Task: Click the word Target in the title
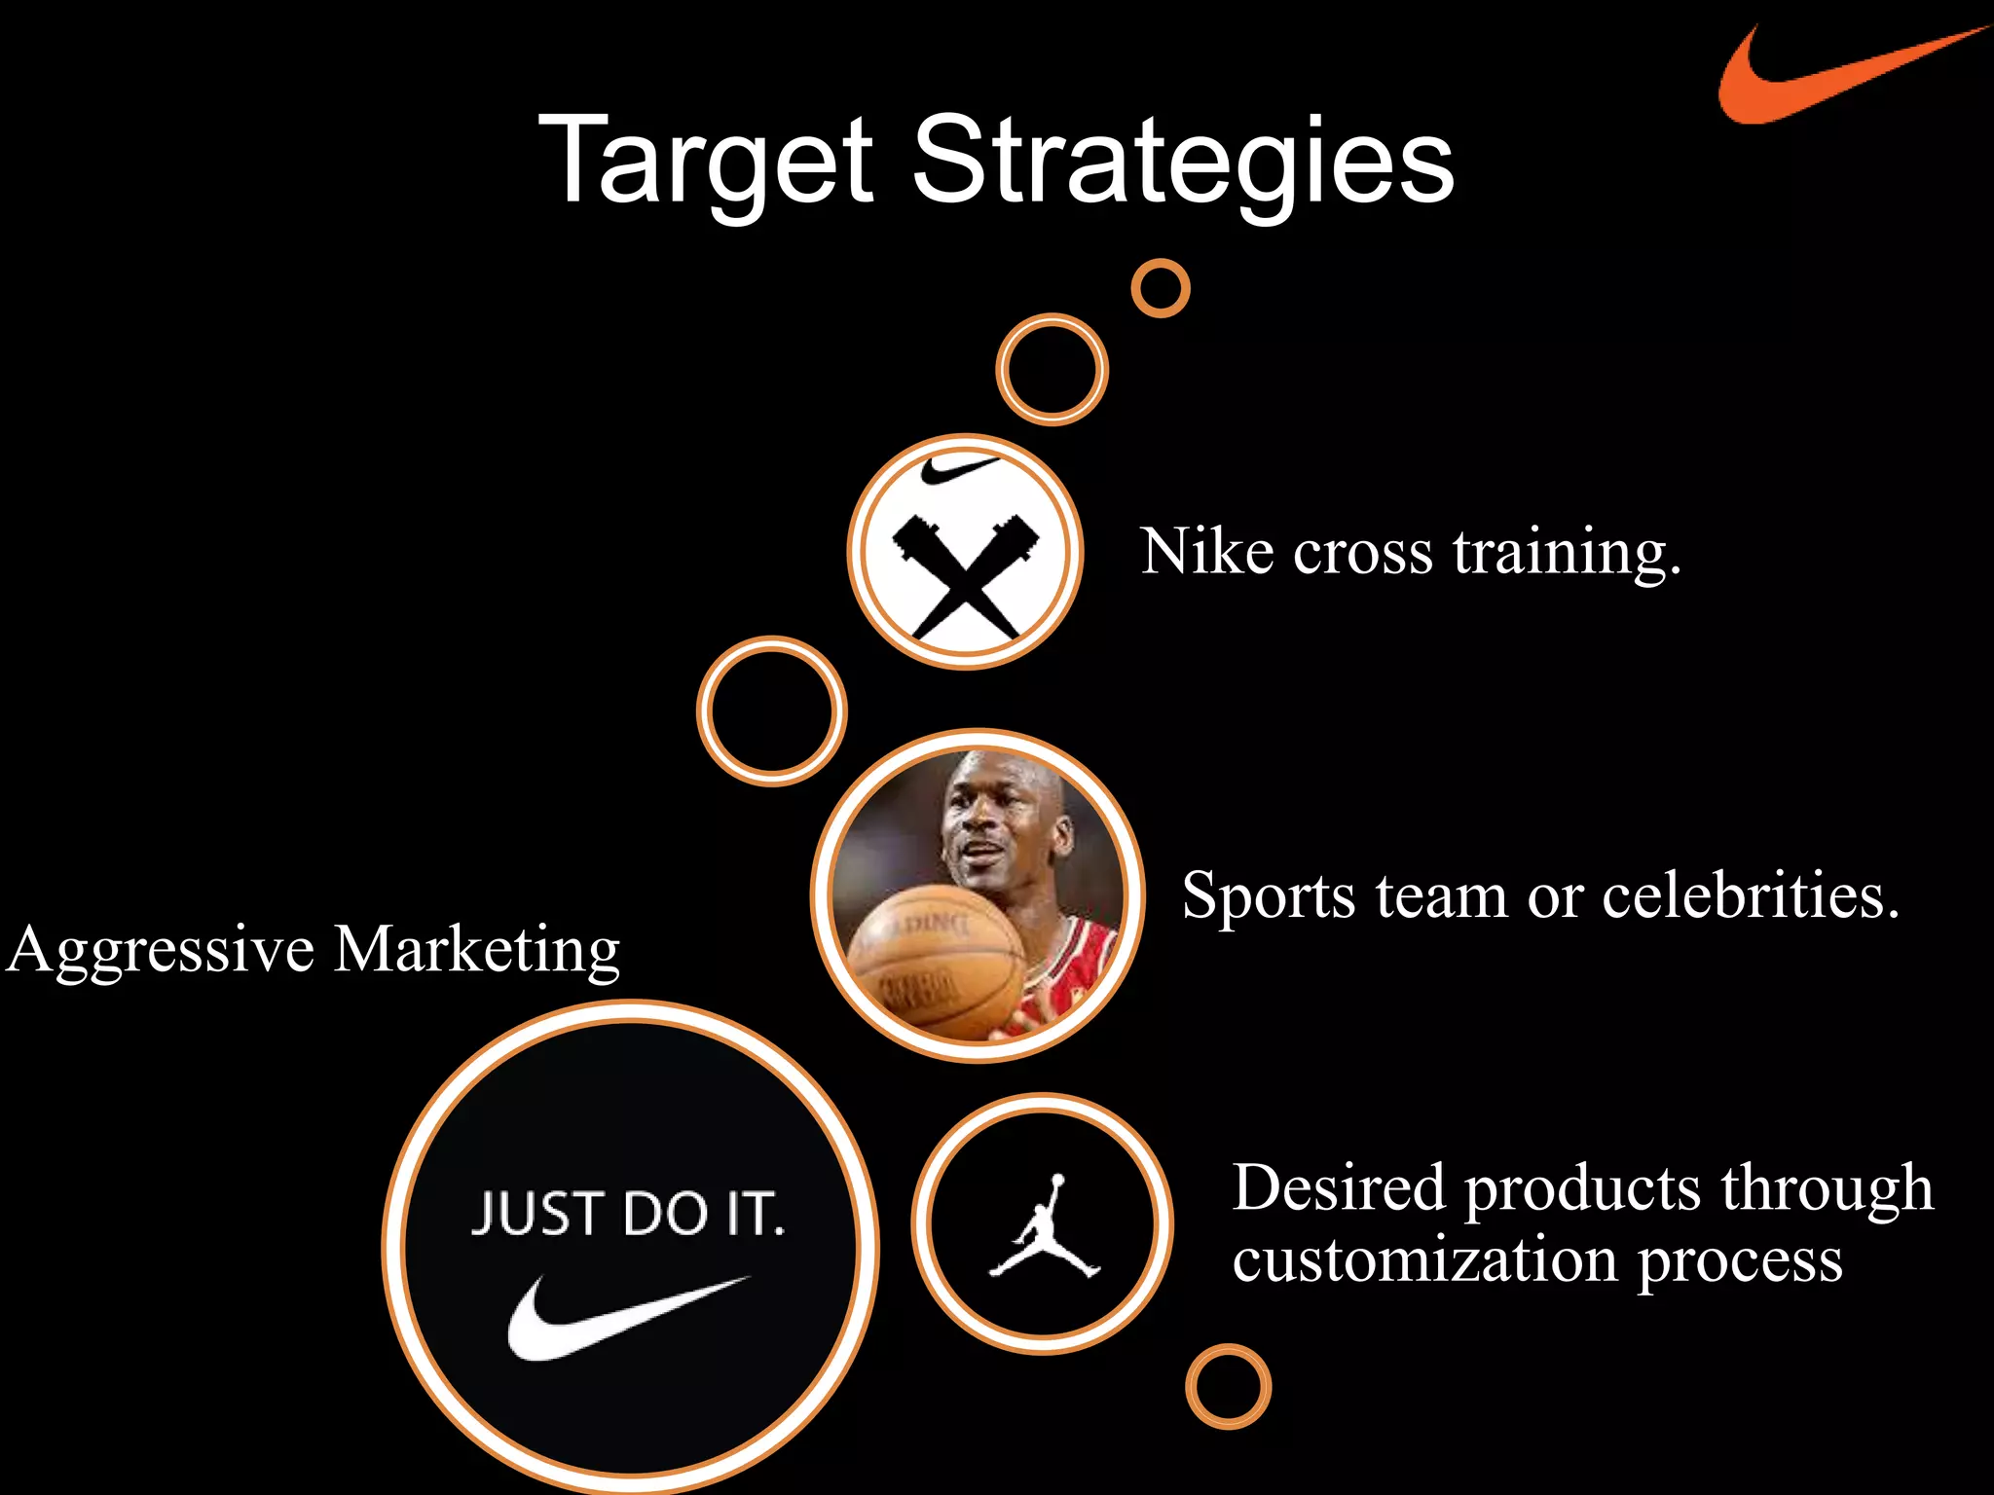(706, 161)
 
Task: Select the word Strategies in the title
(1183, 161)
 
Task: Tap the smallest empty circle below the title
(1161, 288)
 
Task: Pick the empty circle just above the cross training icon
(1052, 370)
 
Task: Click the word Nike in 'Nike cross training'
(1207, 552)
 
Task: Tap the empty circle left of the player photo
(772, 711)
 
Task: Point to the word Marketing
(477, 950)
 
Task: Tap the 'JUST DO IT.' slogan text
(628, 1214)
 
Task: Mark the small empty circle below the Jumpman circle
(1228, 1386)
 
